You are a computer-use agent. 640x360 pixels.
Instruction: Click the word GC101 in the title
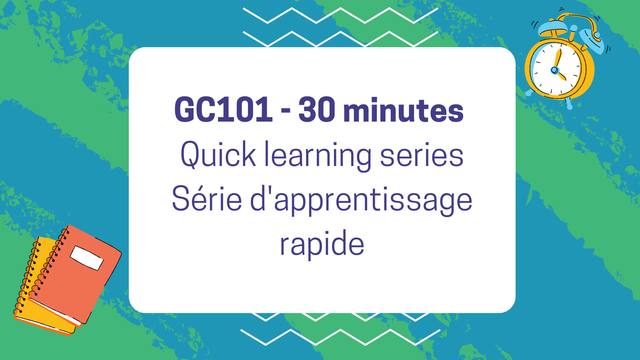point(223,110)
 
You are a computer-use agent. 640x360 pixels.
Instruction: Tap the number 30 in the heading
point(317,110)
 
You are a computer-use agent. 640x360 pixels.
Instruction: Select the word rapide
point(322,244)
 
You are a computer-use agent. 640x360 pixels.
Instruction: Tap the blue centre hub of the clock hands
point(554,70)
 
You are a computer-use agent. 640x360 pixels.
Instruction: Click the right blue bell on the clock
point(592,40)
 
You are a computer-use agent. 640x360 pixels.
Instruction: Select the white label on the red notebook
point(86,258)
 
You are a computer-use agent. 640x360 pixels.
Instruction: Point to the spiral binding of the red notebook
point(48,262)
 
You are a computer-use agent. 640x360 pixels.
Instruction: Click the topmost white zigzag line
point(340,16)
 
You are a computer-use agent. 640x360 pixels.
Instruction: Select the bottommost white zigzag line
point(340,337)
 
